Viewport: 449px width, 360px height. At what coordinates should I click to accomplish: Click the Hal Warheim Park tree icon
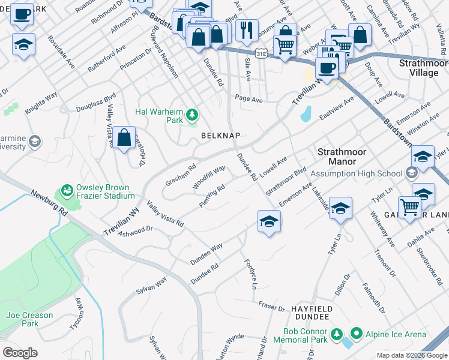point(192,114)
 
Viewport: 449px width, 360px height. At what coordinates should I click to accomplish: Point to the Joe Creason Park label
point(22,319)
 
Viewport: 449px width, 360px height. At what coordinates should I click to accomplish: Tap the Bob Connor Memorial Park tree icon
point(337,334)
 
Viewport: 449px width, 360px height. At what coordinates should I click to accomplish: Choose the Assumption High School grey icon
point(411,173)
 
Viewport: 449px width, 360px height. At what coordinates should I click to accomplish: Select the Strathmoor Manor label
point(336,157)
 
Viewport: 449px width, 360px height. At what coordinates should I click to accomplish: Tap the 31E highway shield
point(261,53)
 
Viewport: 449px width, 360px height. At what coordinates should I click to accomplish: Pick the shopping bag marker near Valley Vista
point(124,137)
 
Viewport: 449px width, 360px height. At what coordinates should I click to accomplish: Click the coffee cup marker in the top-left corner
point(22,14)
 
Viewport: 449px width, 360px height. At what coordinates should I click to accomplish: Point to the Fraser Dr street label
point(271,306)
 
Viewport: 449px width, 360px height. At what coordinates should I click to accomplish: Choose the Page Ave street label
point(249,98)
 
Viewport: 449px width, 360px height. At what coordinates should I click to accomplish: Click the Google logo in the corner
point(20,353)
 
